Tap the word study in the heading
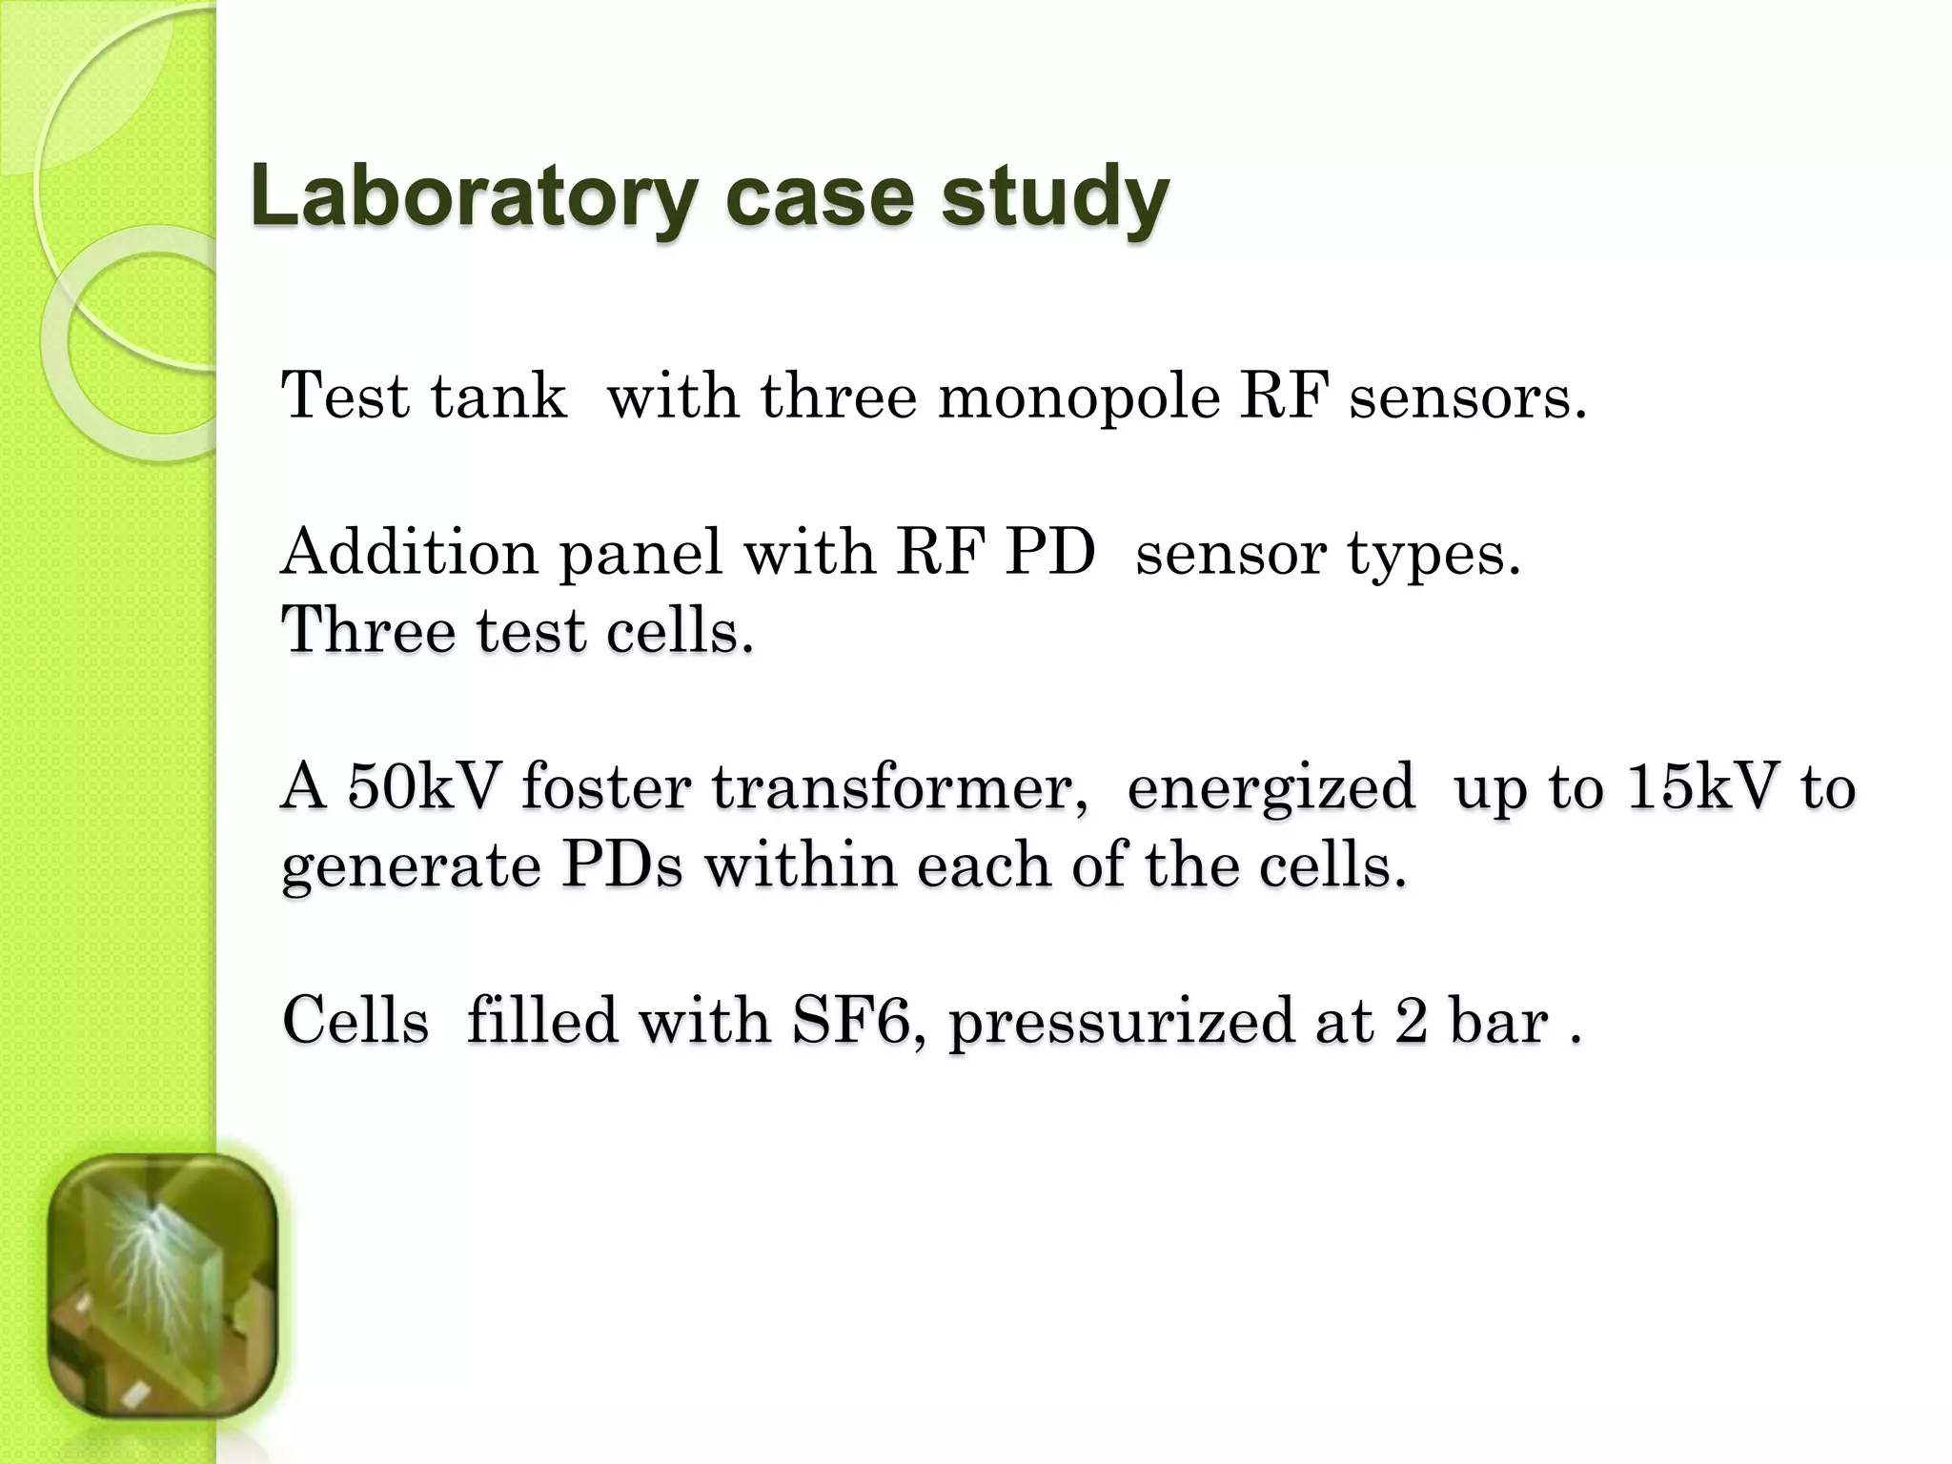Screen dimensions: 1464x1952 pyautogui.click(x=1055, y=197)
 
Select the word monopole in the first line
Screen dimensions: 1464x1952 pyautogui.click(x=1078, y=396)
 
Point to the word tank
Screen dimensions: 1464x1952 pyautogui.click(x=498, y=396)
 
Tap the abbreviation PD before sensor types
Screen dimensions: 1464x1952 pyautogui.click(x=1049, y=552)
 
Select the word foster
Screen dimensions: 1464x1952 pyautogui.click(x=606, y=787)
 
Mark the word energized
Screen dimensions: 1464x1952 pyautogui.click(x=1271, y=789)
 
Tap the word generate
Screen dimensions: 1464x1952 pyautogui.click(x=411, y=867)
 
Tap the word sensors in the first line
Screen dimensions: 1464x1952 pyautogui.click(x=1468, y=396)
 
